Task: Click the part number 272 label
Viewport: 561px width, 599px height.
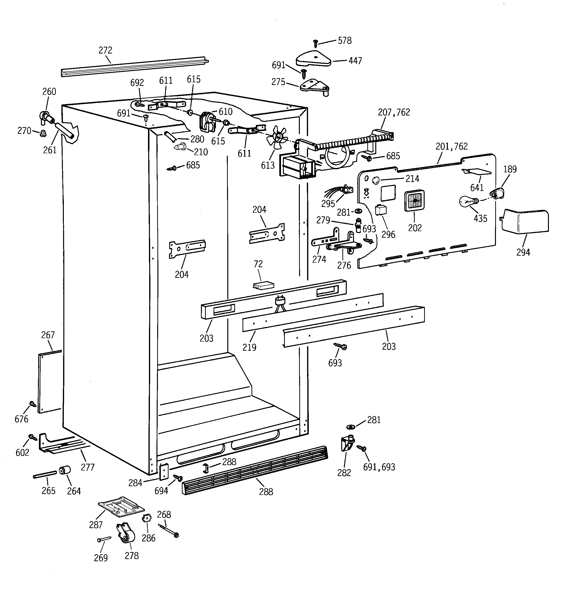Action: point(105,50)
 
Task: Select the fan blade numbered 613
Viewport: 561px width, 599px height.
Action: point(276,138)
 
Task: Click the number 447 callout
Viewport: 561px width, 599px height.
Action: point(355,61)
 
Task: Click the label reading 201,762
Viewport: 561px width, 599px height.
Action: point(451,146)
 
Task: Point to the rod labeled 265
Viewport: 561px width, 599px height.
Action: point(44,474)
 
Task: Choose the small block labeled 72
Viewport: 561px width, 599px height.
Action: point(263,285)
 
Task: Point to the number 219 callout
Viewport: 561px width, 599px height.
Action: point(249,347)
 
